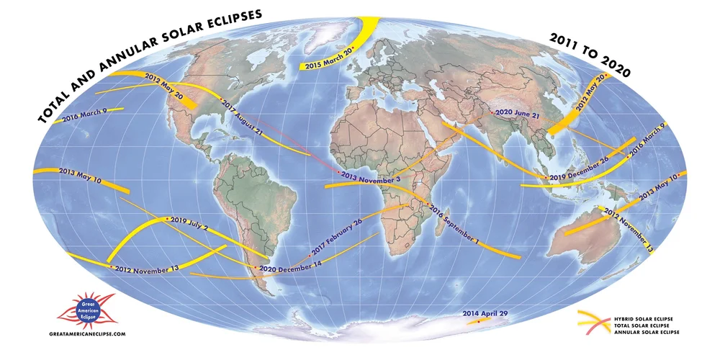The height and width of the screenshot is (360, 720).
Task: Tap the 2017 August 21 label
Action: (x=243, y=117)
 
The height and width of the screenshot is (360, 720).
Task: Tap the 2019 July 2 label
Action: (x=189, y=222)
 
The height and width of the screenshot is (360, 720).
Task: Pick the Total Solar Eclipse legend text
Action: (x=644, y=325)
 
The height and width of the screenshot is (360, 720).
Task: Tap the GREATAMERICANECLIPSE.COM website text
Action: (x=88, y=335)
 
